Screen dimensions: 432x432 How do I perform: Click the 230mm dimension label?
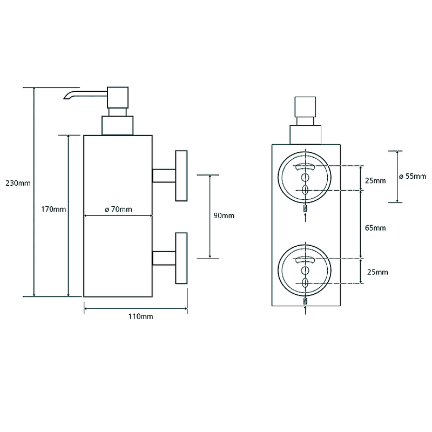(x=18, y=183)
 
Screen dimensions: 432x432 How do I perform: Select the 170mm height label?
(x=53, y=209)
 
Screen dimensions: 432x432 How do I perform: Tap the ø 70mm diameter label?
(x=118, y=209)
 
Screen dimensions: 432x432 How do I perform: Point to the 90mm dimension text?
(x=224, y=215)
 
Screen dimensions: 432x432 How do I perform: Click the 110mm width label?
(x=140, y=316)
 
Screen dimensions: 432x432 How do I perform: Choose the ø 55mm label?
(x=413, y=176)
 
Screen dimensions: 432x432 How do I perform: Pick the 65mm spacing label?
(x=375, y=228)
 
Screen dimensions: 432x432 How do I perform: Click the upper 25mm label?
(x=375, y=181)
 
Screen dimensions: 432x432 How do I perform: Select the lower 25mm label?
(x=377, y=272)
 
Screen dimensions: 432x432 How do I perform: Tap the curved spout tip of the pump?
(x=66, y=97)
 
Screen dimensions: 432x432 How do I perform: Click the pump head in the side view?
(x=118, y=98)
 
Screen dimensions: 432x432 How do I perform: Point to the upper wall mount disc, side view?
(x=181, y=176)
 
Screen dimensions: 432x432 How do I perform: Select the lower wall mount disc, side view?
(x=181, y=258)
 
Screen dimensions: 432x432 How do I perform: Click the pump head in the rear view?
(x=305, y=107)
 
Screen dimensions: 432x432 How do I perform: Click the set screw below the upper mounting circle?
(x=305, y=208)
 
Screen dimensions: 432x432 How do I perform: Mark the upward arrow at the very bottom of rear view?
(x=305, y=310)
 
